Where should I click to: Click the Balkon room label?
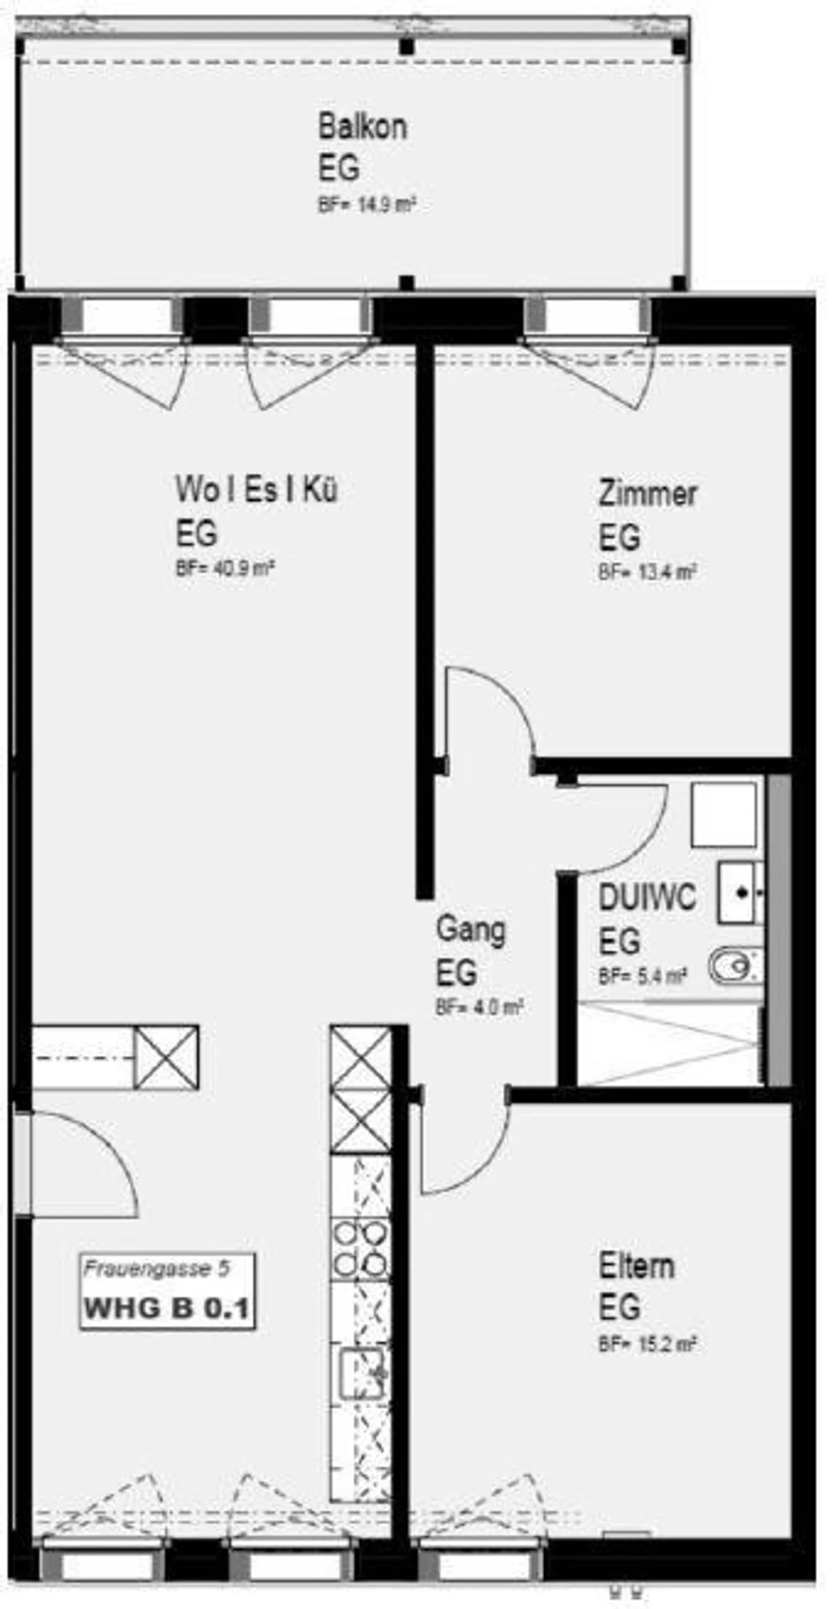point(363,127)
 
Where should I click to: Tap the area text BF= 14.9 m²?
point(367,205)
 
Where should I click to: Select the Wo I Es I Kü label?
point(256,489)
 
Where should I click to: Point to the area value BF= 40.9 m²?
point(226,569)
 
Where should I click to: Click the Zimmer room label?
point(647,493)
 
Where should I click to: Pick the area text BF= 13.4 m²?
point(647,572)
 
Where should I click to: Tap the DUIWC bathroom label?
point(647,898)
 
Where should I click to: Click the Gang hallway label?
point(470,929)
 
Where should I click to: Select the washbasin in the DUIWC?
point(740,893)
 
